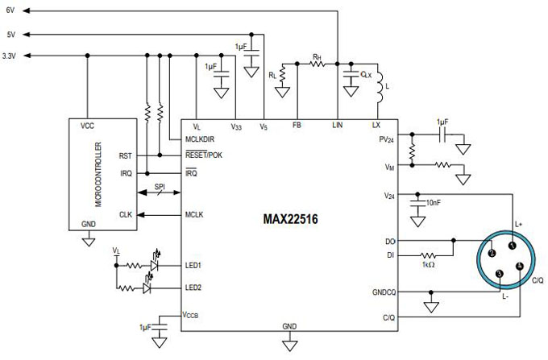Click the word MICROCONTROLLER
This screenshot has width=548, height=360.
tap(97, 174)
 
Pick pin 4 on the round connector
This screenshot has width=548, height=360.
tap(519, 267)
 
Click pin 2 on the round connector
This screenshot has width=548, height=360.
tap(490, 254)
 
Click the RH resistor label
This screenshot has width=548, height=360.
tap(318, 57)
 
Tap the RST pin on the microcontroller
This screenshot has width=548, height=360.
tap(125, 156)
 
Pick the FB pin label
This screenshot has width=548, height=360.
tap(297, 125)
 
